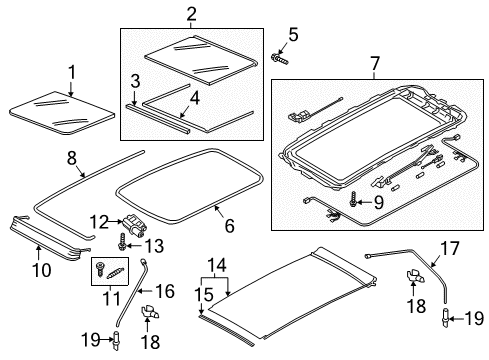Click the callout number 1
[72, 73]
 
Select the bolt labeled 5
[279, 59]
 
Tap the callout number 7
[375, 63]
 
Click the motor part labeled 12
[134, 227]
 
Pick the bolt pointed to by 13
[122, 242]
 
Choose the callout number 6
[229, 226]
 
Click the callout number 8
[72, 158]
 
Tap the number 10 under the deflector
[42, 269]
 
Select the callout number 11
[111, 298]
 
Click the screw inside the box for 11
[99, 268]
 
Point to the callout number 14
[217, 265]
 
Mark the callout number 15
[204, 294]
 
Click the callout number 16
[165, 291]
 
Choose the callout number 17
[450, 248]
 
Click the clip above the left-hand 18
[151, 312]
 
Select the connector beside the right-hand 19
[446, 316]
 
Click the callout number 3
[135, 81]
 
